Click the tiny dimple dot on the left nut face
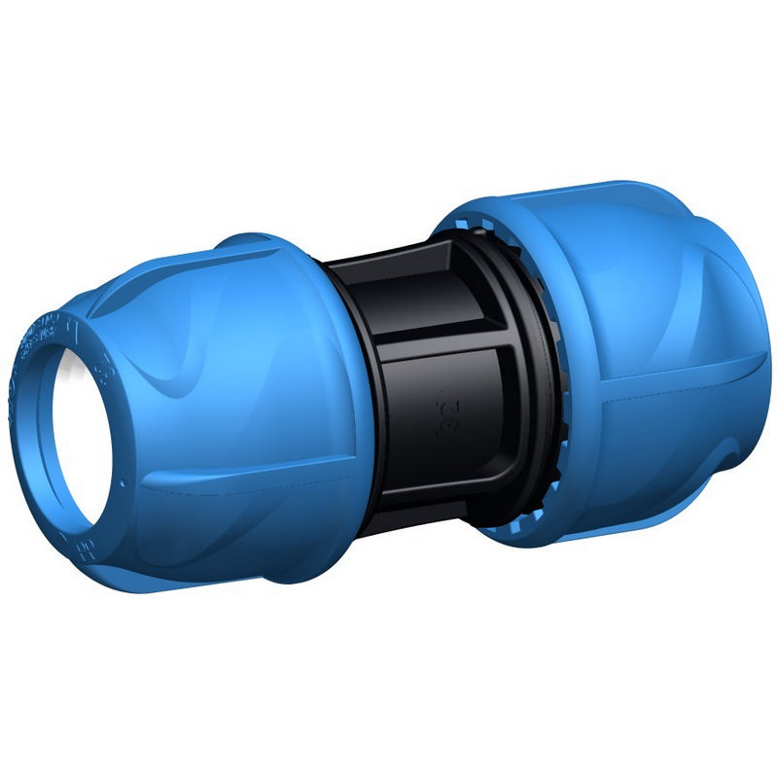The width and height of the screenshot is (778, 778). (x=124, y=483)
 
